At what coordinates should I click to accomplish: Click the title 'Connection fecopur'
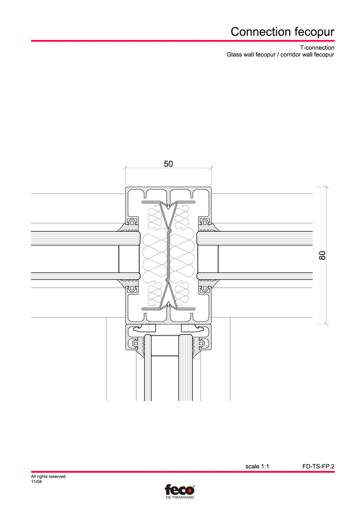point(282,31)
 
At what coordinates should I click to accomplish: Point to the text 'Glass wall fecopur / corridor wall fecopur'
point(280,55)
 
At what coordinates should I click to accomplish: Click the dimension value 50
point(168,164)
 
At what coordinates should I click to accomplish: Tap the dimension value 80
point(322,256)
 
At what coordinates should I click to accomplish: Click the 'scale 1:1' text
point(257,466)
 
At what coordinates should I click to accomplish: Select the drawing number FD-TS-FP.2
point(318,466)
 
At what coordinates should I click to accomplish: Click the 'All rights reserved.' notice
point(49,477)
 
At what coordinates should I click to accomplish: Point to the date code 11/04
point(36,482)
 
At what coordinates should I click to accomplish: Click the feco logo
point(179,490)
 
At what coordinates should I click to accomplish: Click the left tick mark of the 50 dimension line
point(126,168)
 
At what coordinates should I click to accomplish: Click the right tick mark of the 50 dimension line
point(211,168)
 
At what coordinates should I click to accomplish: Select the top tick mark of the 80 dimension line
point(326,187)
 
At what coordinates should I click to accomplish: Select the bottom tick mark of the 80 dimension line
point(326,324)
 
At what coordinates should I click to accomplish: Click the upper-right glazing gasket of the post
point(207,227)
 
